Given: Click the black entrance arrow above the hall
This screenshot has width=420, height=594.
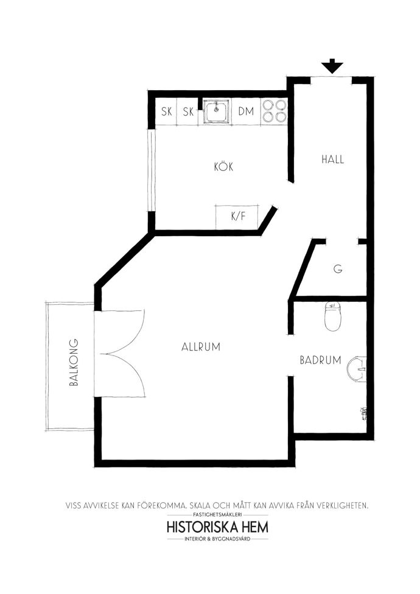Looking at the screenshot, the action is click(332, 66).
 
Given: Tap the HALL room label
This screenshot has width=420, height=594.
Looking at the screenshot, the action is click(333, 159).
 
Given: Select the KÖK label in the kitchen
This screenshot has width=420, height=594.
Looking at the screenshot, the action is click(223, 166).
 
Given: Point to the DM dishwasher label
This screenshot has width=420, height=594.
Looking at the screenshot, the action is click(246, 111).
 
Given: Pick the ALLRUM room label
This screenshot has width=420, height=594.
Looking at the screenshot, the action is click(201, 347).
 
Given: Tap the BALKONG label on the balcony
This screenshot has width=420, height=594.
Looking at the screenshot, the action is click(74, 362).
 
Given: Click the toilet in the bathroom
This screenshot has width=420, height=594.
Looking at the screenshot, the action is click(334, 316).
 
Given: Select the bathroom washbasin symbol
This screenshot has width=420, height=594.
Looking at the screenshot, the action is click(357, 368).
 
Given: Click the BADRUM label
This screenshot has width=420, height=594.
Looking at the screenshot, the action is click(320, 360).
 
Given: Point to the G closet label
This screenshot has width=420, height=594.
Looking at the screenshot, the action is click(338, 268).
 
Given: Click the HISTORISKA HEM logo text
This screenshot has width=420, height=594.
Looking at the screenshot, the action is click(217, 527).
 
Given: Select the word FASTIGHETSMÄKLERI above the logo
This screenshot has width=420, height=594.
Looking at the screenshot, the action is click(217, 515).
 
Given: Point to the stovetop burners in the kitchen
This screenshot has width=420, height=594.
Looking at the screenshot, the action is click(274, 111).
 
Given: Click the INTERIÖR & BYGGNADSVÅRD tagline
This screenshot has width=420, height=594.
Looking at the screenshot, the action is click(217, 539).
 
